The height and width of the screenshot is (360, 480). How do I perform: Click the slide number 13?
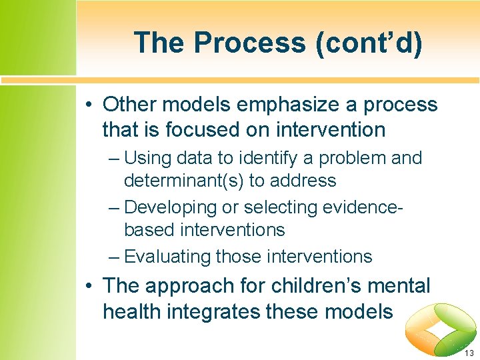click(469, 353)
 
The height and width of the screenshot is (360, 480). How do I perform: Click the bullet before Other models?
click(89, 105)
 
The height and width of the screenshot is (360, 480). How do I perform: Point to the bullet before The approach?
click(89, 287)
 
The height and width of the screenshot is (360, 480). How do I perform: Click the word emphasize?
click(271, 105)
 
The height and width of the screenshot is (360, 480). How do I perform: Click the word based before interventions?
click(147, 231)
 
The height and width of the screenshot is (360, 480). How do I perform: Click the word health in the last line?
click(131, 311)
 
